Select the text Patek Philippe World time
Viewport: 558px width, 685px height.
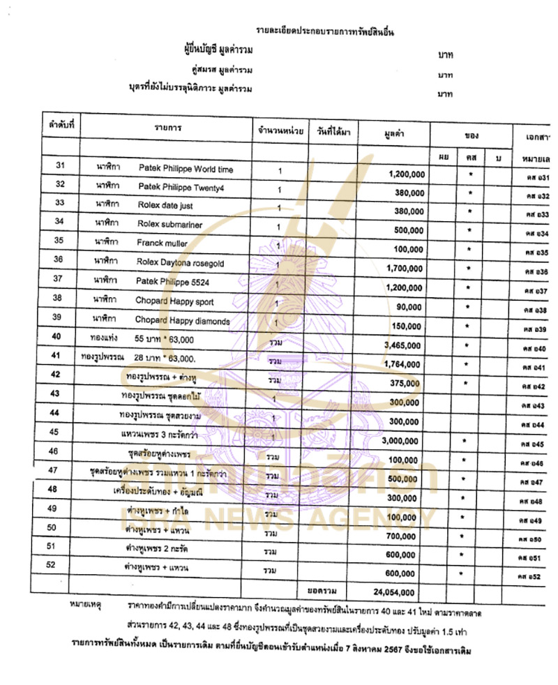[186, 170]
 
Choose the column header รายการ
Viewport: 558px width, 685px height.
[168, 129]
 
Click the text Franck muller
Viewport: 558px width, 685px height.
[163, 244]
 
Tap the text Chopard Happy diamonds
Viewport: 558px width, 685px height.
[183, 321]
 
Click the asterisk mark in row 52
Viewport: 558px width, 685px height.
[461, 573]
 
